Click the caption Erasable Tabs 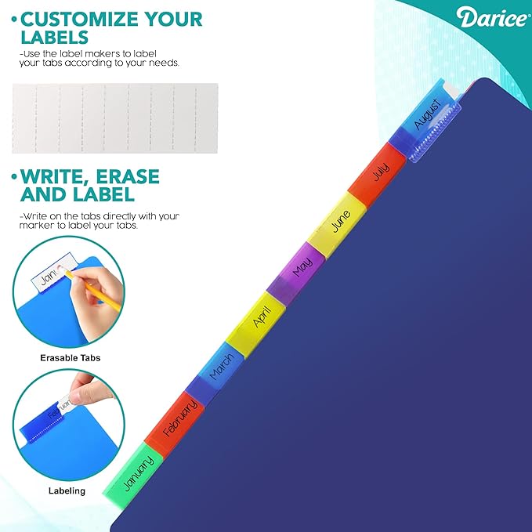71,358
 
